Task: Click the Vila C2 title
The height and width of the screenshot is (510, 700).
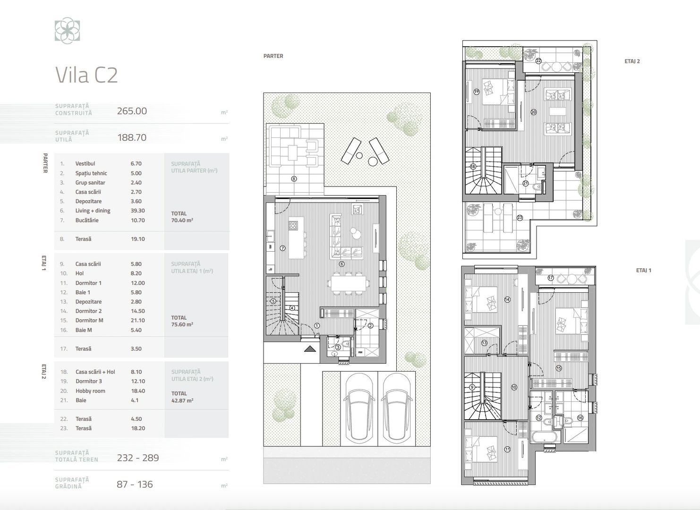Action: (86, 75)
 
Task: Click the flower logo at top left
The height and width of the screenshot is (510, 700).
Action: (67, 31)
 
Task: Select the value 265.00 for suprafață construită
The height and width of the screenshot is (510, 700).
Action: (132, 111)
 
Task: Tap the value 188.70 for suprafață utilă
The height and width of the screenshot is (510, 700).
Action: (132, 138)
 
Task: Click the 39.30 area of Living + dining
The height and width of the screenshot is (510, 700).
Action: (137, 211)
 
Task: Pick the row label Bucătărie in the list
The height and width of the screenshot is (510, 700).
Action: (87, 220)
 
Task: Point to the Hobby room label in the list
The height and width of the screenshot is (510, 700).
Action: (90, 391)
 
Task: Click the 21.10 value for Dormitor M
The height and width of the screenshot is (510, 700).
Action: (137, 320)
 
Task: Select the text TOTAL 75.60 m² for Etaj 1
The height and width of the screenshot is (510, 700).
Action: (182, 321)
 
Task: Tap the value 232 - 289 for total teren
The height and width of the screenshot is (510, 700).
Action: (138, 458)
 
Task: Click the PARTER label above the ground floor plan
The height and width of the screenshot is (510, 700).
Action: (273, 56)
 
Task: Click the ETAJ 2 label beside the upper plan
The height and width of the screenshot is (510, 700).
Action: (632, 61)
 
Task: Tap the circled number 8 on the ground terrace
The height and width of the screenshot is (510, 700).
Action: (294, 179)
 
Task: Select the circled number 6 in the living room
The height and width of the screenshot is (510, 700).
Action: (341, 264)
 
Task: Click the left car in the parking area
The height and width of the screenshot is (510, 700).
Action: (358, 409)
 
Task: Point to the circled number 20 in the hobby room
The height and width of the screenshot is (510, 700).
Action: (534, 112)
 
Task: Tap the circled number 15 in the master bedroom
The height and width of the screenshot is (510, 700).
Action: (558, 368)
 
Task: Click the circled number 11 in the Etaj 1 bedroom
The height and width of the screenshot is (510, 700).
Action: (507, 450)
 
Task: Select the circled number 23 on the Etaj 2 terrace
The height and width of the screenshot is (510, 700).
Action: (520, 218)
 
